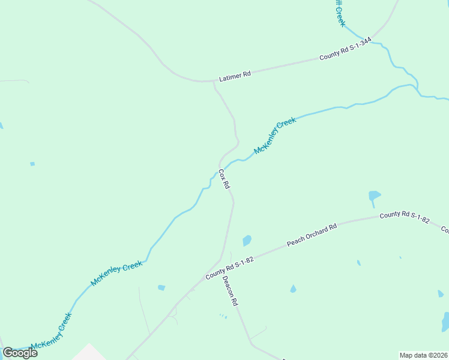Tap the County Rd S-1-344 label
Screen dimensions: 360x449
pos(345,49)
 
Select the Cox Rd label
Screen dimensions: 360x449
pos(223,179)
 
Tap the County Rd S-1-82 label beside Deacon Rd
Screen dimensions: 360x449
pos(231,268)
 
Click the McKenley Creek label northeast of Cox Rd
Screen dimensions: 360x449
pos(275,136)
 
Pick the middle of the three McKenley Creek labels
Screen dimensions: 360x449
pos(116,272)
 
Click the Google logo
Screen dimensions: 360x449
pos(20,352)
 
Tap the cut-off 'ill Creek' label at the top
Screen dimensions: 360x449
pos(340,13)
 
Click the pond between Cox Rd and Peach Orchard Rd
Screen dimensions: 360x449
pos(247,241)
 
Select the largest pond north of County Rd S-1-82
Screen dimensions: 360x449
pos(374,196)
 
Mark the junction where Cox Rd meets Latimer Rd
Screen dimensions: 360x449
pos(214,81)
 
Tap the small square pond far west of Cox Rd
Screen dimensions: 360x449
pos(32,163)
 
